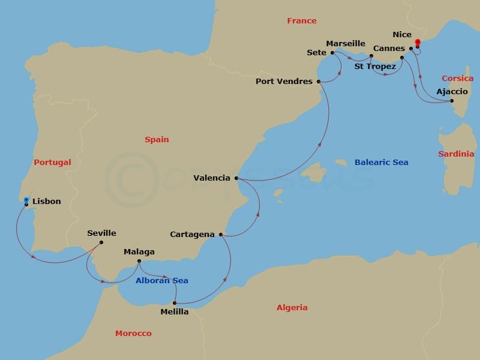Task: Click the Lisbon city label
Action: click(x=46, y=202)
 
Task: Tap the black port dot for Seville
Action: click(x=101, y=242)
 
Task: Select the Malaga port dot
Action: click(x=139, y=261)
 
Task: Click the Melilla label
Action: click(x=175, y=312)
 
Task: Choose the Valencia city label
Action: click(x=212, y=178)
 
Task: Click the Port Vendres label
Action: click(x=284, y=82)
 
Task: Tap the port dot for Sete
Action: click(x=332, y=53)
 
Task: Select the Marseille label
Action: click(x=346, y=44)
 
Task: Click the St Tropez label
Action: click(x=375, y=67)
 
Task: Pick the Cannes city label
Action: click(x=389, y=48)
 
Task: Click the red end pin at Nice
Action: click(x=417, y=43)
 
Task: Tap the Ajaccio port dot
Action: click(x=452, y=101)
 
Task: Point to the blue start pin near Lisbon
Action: click(x=26, y=200)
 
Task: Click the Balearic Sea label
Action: click(x=381, y=163)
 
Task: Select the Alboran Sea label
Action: click(x=161, y=281)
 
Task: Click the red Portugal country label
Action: click(x=52, y=163)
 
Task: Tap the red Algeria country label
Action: click(x=292, y=308)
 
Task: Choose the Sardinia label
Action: click(x=456, y=154)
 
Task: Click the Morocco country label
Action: click(x=133, y=334)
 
